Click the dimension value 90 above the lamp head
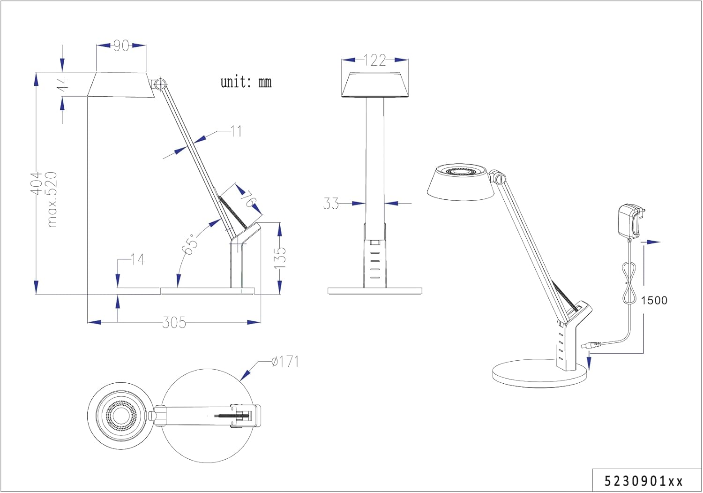point(121,46)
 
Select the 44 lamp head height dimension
point(62,84)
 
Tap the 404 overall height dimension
point(36,183)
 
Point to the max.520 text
point(51,199)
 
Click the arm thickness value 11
point(236,131)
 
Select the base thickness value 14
point(137,259)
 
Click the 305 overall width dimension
point(174,323)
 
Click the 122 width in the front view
point(375,60)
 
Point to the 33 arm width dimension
point(331,204)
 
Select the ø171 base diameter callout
point(285,362)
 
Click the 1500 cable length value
point(654,300)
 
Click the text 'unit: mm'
point(246,82)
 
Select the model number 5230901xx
point(643,481)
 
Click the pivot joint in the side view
point(160,84)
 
